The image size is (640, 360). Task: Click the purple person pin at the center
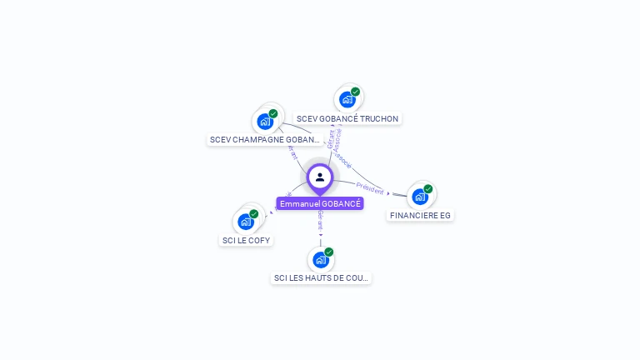[x=320, y=177]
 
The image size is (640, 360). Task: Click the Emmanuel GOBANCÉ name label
[x=320, y=203]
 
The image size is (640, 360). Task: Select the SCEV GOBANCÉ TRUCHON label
[x=347, y=118]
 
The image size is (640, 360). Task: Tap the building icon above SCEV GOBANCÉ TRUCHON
[x=347, y=100]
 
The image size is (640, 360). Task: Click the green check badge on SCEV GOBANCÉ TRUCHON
[x=356, y=92]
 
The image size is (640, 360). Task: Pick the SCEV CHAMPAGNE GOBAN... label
[x=265, y=139]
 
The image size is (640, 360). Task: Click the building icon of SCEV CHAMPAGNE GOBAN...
[x=265, y=122]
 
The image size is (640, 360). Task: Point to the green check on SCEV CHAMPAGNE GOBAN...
[x=273, y=113]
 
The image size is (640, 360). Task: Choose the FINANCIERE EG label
[x=420, y=215]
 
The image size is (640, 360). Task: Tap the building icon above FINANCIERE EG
[x=420, y=197]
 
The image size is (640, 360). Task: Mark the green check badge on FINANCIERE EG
[x=428, y=188]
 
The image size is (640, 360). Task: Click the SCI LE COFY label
[x=246, y=240]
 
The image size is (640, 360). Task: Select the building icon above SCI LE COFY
[x=246, y=222]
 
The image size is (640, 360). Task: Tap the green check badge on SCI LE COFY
[x=254, y=213]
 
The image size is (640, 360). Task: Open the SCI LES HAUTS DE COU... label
[x=321, y=277]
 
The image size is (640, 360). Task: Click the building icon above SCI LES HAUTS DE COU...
[x=321, y=260]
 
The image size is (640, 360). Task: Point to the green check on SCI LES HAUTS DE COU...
[x=329, y=252]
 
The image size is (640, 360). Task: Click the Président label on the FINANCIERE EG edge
[x=369, y=188]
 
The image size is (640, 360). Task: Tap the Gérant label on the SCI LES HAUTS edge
[x=320, y=221]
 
